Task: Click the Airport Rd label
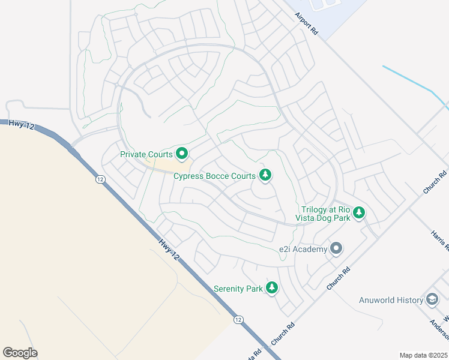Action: coord(307,23)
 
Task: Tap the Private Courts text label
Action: coord(146,154)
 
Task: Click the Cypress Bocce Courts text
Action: coord(214,176)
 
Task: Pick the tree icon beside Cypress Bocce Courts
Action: coord(265,175)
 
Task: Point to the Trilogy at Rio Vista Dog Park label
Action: coord(326,214)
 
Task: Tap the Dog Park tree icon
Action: coord(359,212)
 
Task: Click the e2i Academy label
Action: coord(303,249)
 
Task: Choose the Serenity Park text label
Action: coord(238,289)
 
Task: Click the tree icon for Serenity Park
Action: coord(272,288)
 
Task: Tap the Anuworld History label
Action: coord(391,300)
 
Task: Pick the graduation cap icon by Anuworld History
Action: coord(432,299)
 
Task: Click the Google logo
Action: coord(20,352)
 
